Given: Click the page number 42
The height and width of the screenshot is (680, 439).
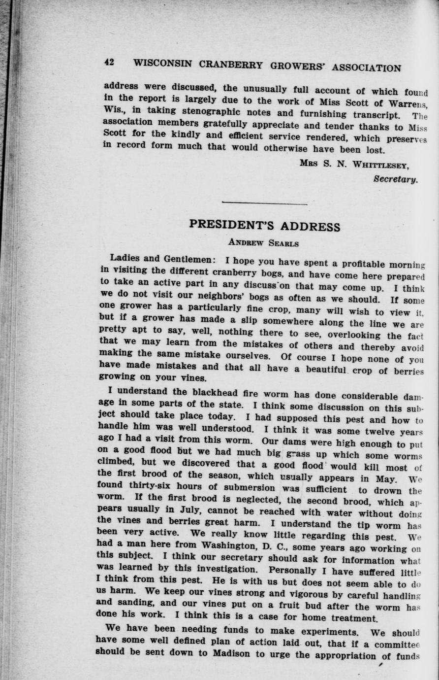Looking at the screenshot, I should click(109, 63).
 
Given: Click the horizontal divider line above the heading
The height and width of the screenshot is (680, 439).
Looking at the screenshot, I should click(265, 203).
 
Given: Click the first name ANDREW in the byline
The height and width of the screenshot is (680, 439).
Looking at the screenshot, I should click(246, 242).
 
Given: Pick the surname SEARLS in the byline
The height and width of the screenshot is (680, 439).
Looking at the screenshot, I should click(282, 243).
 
